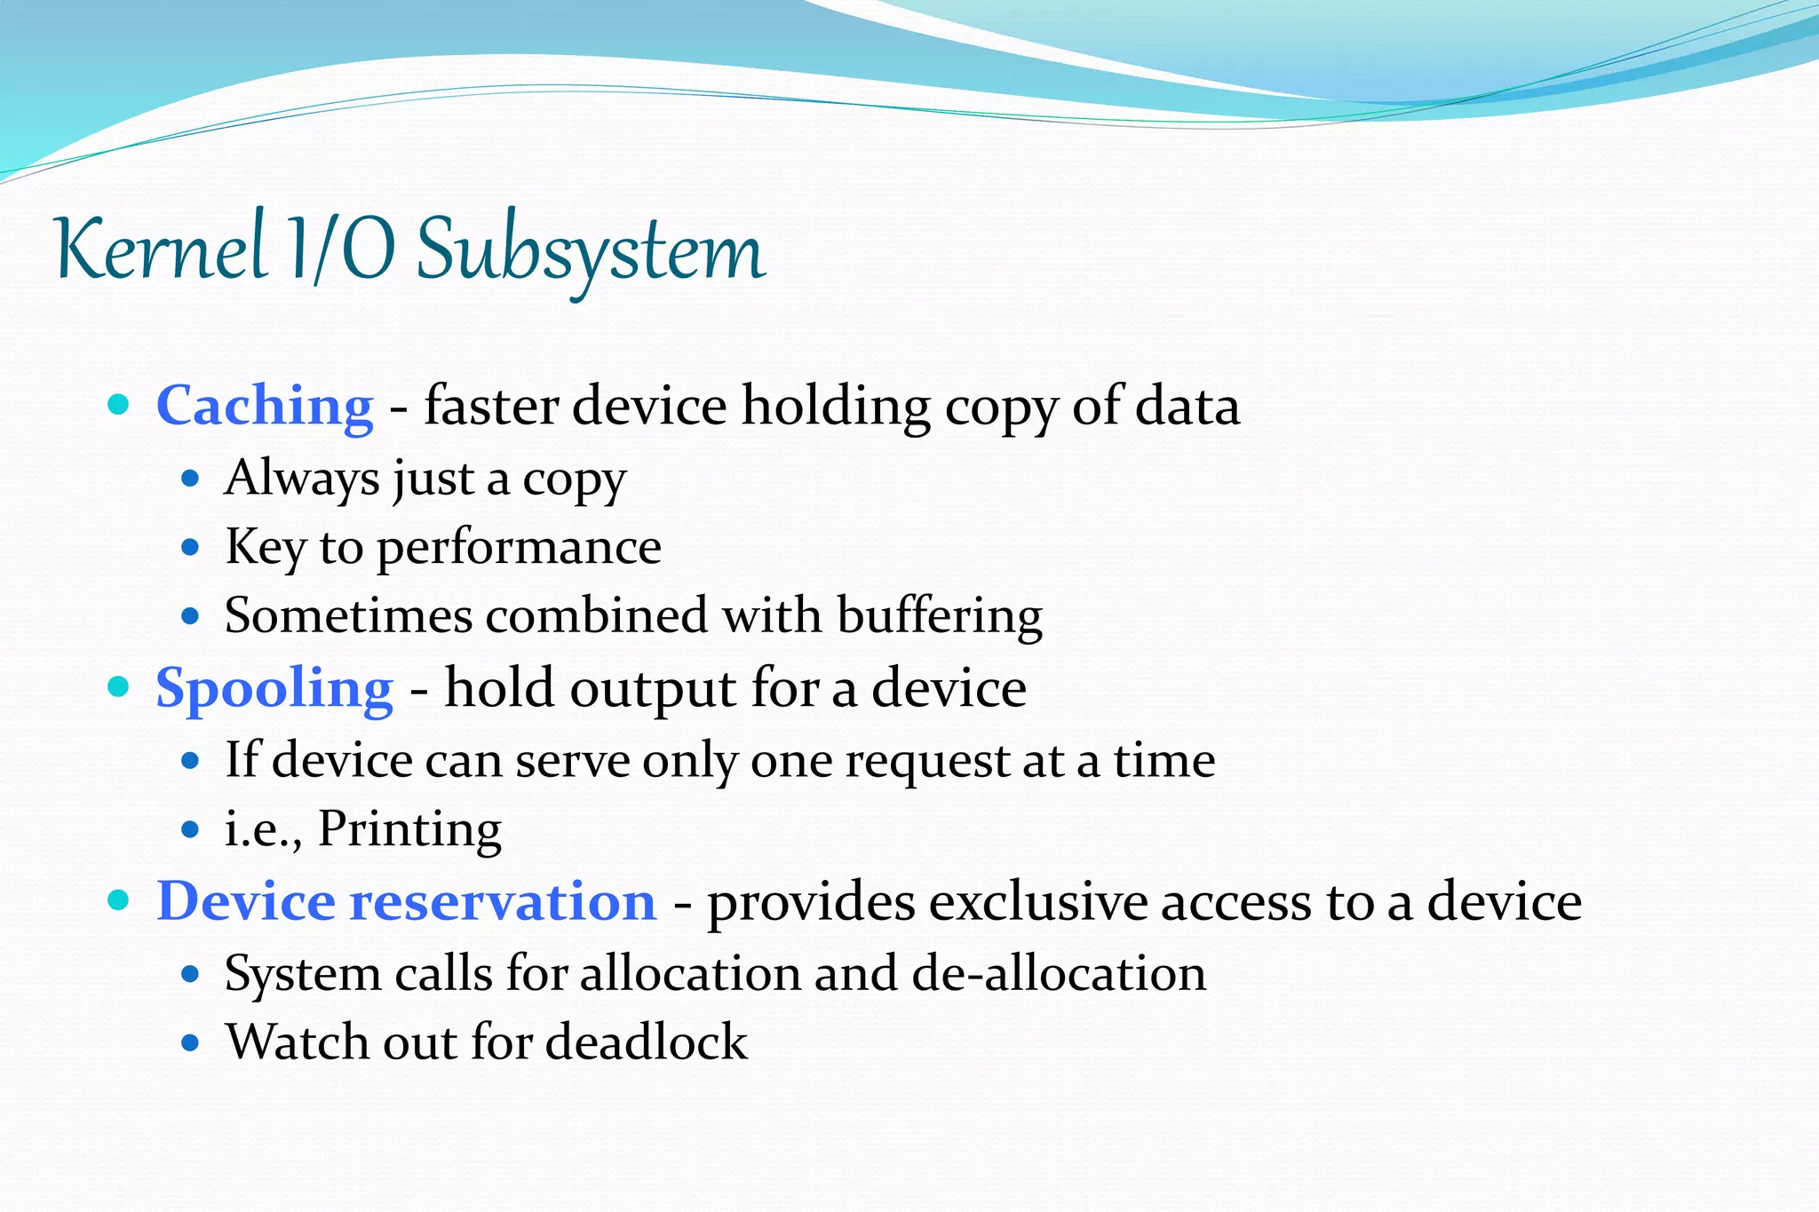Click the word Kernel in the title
coord(161,250)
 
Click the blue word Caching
coord(265,407)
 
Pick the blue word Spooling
coord(274,689)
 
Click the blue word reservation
coord(503,902)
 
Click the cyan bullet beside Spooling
coord(118,686)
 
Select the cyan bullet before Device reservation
coord(118,900)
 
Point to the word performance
coord(519,548)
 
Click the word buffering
coord(939,616)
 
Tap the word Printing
coord(409,829)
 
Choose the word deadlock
coord(646,1042)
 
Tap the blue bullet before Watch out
coord(189,1042)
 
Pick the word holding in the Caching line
coord(836,407)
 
